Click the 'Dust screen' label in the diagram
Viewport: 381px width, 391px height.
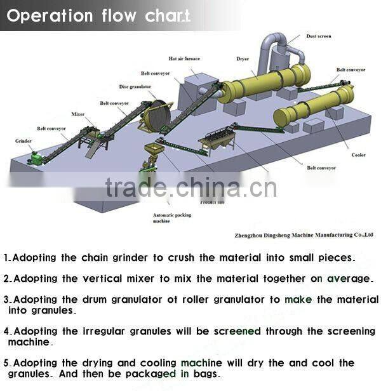(319, 36)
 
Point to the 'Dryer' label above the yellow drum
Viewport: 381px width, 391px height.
(243, 59)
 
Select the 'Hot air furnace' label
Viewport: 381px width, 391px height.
(184, 59)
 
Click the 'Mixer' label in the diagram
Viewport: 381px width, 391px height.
(78, 114)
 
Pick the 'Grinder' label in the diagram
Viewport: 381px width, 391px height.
(23, 141)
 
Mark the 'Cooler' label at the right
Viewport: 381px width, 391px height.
(359, 155)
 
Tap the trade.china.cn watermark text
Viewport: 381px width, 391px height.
(191, 187)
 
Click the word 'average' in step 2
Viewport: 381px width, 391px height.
(348, 278)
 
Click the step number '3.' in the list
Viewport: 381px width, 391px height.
(7, 300)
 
